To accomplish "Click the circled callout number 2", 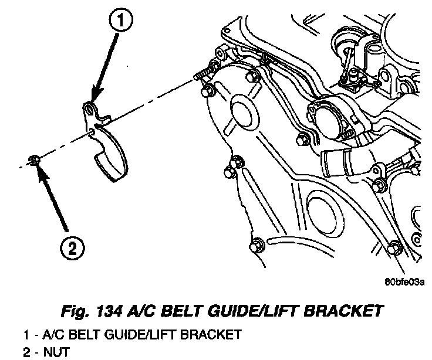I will [72, 250].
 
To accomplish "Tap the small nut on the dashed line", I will [35, 159].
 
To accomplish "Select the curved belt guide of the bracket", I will [112, 152].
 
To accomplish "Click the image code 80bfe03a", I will [404, 282].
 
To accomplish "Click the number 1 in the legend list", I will [26, 335].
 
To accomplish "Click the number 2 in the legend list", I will [26, 352].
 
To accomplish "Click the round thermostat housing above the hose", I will [329, 117].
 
